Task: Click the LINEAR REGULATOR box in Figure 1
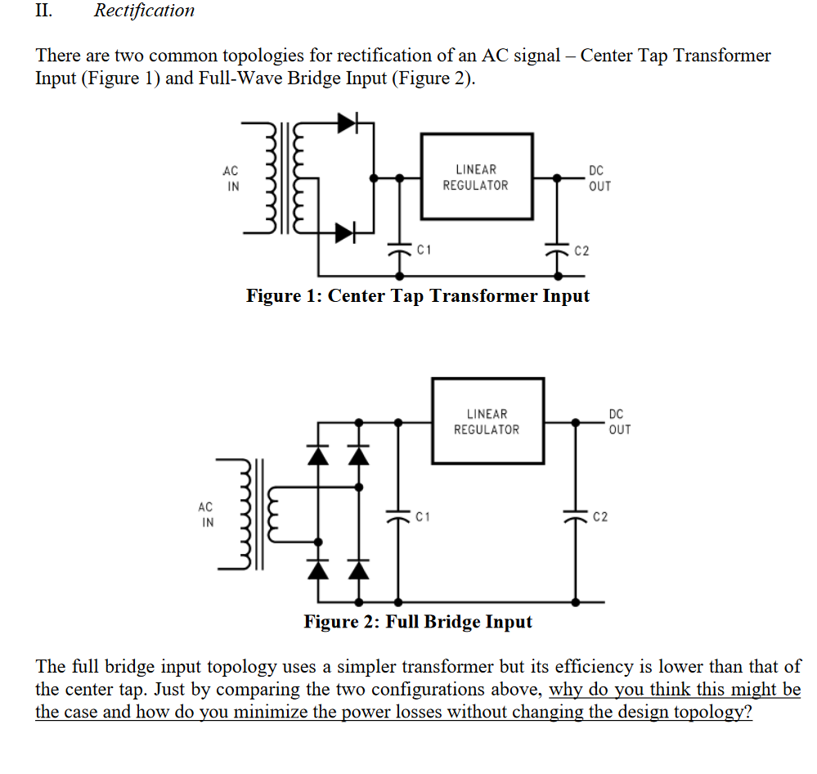coord(475,178)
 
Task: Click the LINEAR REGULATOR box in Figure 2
coord(487,421)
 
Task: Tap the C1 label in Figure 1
coord(424,248)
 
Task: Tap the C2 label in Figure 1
coord(581,250)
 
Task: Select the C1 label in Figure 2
coord(422,516)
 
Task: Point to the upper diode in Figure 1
coord(348,124)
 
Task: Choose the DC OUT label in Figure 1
coord(598,178)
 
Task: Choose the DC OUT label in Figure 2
coord(619,422)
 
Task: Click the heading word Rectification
coord(144,11)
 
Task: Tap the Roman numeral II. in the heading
coord(44,11)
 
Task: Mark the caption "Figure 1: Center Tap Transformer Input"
coord(417,295)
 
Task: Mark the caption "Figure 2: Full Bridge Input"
coord(417,622)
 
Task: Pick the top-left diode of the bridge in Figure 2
coord(318,453)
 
